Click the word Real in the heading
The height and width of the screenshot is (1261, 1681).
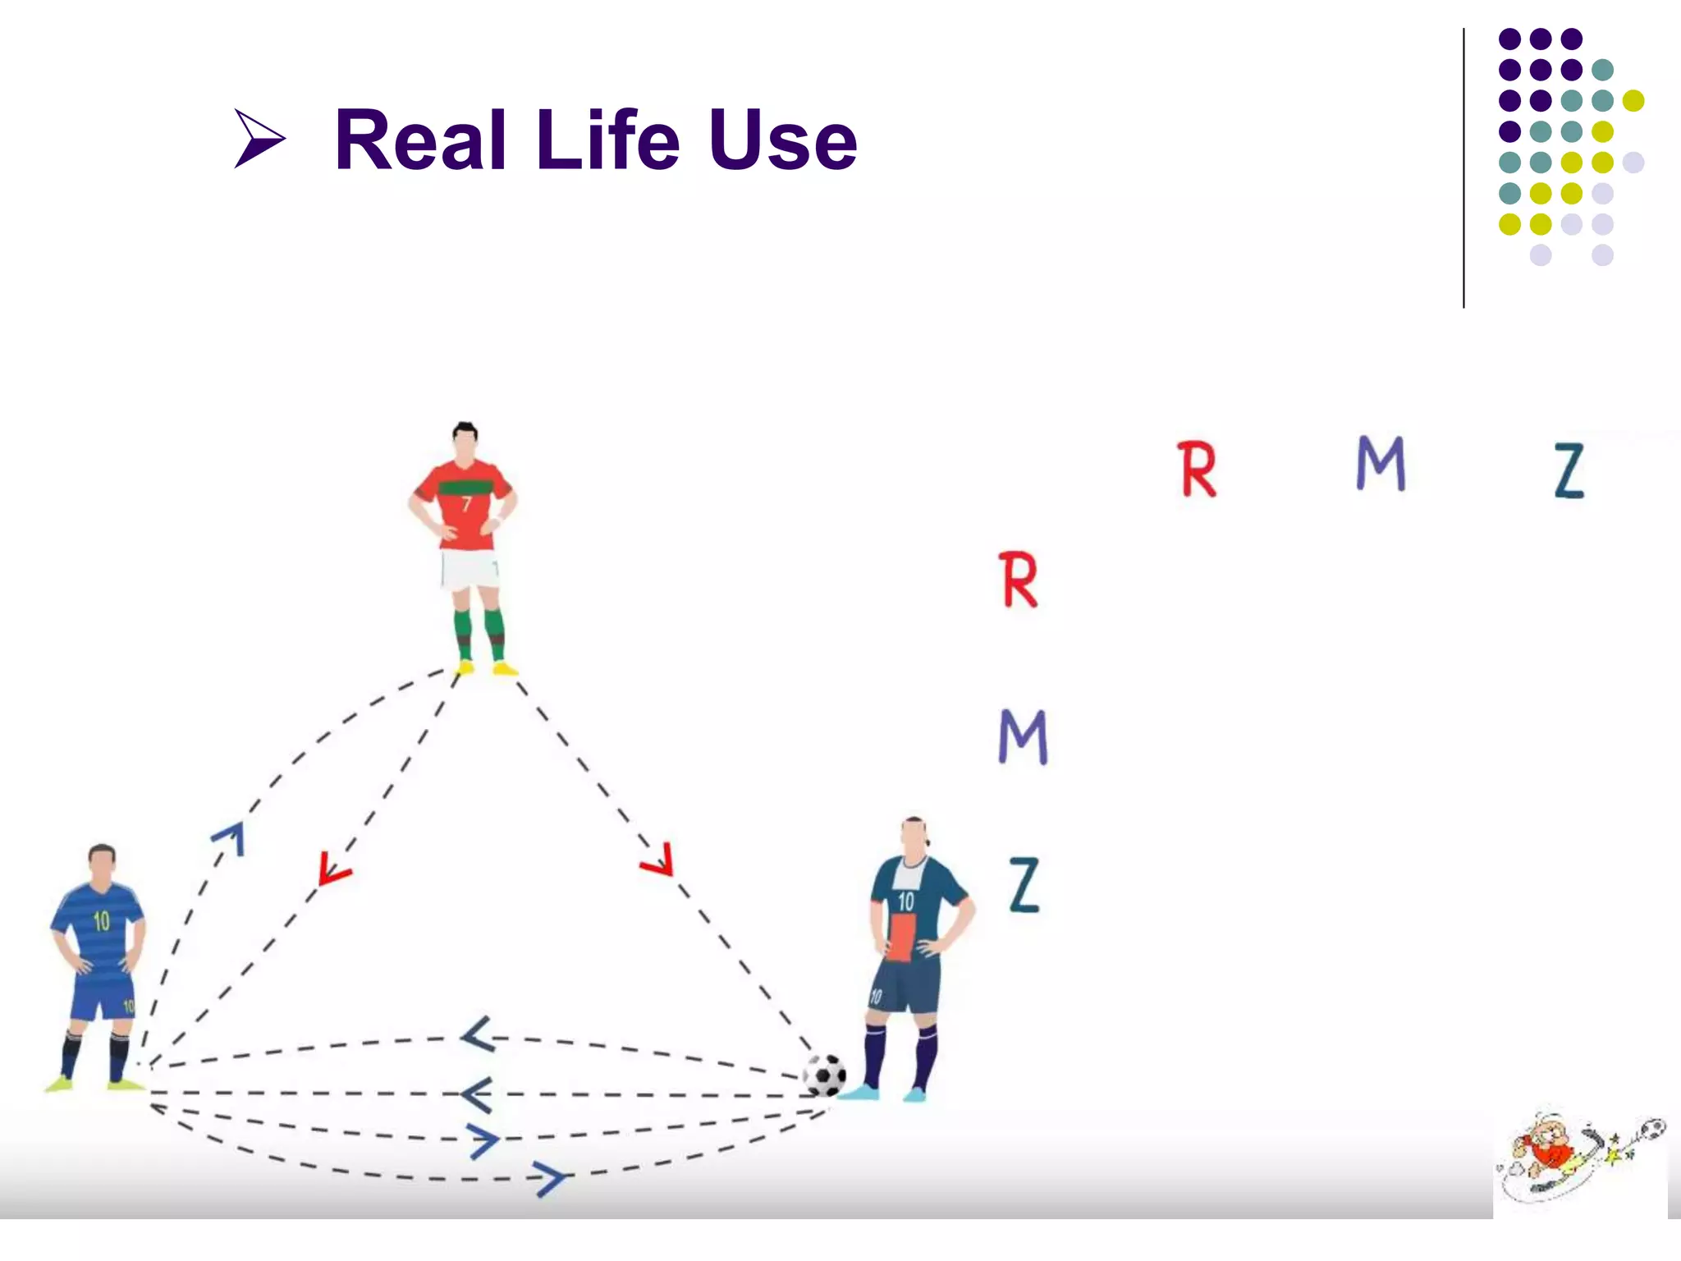420,140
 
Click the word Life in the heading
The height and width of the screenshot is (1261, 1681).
608,140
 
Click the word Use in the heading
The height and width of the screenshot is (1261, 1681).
783,142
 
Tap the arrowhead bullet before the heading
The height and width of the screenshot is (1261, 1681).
259,138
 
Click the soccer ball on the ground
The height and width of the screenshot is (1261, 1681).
824,1075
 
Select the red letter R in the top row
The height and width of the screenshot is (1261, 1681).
1197,470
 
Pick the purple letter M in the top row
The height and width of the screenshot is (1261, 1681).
1381,463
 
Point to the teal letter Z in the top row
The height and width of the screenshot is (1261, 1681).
1569,470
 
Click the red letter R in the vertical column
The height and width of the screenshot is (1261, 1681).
1019,580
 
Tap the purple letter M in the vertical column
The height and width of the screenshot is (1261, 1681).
1023,736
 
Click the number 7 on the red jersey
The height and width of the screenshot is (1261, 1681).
466,503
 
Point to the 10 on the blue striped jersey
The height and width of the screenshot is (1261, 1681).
101,921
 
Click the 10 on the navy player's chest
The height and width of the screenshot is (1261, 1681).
905,901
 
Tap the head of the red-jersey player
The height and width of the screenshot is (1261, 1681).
465,443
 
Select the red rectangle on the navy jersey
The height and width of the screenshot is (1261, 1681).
901,937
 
